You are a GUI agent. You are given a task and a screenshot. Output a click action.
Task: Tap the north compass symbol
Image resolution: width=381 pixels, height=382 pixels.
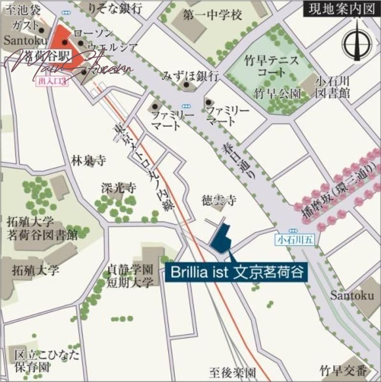(x=358, y=42)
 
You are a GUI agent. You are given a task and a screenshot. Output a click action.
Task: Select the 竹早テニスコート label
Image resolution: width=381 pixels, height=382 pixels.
(x=271, y=67)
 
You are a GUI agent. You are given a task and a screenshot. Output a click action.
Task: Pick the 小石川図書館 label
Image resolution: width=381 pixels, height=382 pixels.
(x=332, y=86)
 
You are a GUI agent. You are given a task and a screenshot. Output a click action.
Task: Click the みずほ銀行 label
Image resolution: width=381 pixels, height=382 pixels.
(x=190, y=75)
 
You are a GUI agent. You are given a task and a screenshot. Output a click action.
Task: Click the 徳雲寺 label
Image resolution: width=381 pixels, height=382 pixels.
(x=218, y=201)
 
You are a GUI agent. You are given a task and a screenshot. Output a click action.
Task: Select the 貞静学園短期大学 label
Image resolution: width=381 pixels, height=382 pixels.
(x=131, y=276)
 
